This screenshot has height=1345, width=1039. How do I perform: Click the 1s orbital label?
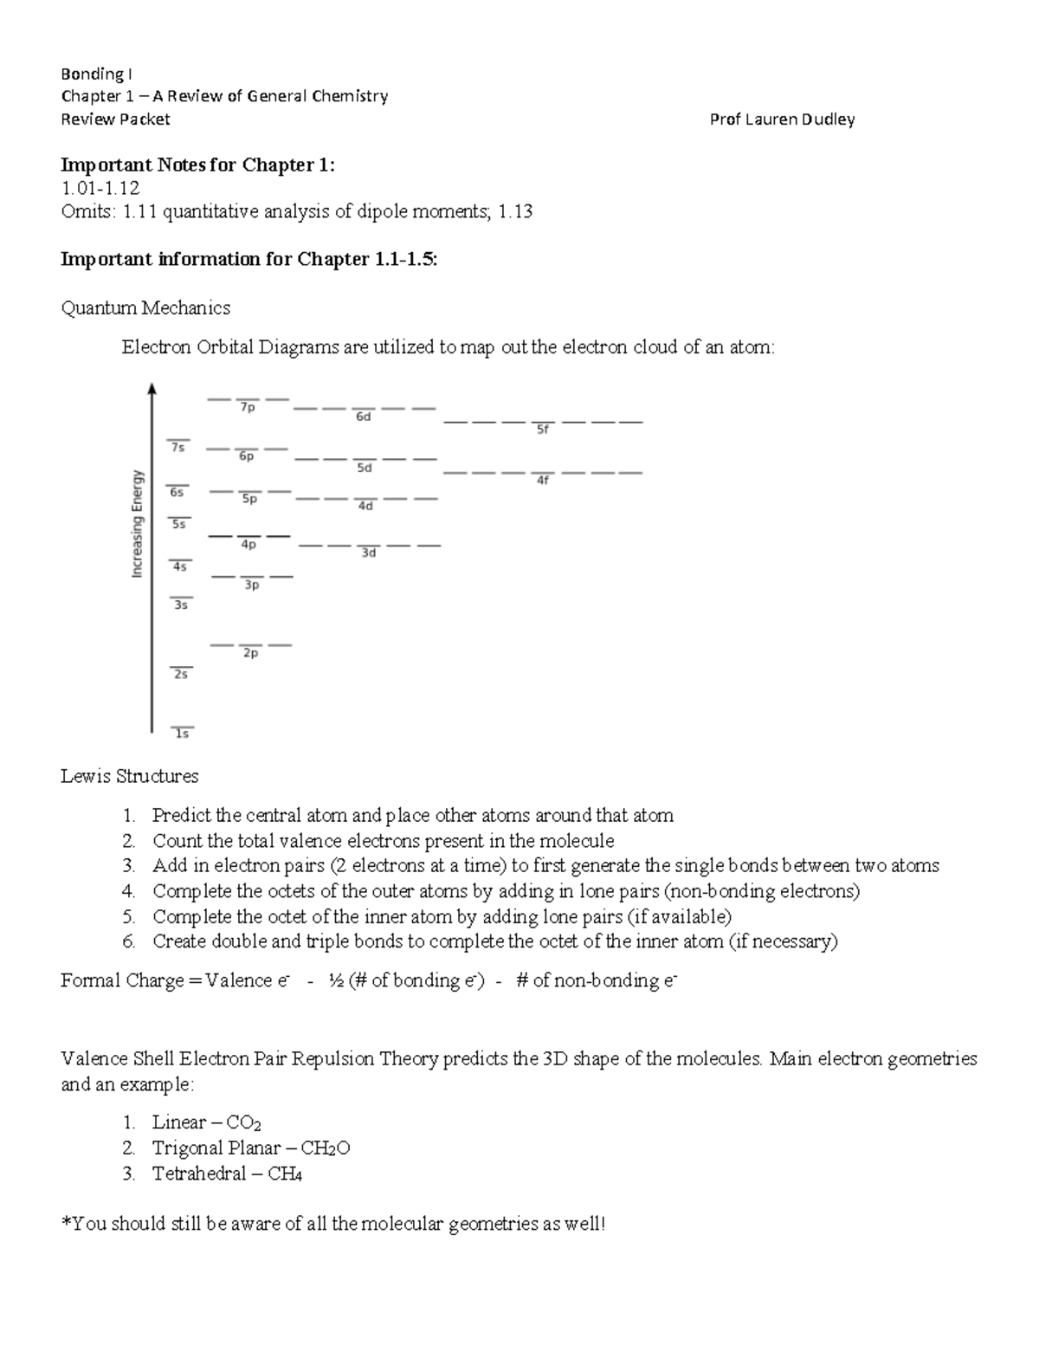[182, 734]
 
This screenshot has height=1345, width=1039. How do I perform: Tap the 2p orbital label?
[250, 654]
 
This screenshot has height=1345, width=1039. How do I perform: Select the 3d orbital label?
[369, 553]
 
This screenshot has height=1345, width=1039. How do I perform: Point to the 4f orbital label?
[543, 480]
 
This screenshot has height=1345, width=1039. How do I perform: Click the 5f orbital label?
[543, 429]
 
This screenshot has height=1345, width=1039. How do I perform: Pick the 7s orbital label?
[177, 448]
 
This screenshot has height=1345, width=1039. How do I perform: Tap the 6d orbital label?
[364, 417]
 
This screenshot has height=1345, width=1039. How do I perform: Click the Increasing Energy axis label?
[137, 524]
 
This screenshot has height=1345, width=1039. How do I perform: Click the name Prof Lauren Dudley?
[782, 120]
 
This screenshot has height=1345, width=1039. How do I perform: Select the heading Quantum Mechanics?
[145, 308]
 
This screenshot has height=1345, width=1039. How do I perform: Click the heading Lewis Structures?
[130, 776]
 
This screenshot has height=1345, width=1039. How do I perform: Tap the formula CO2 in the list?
[243, 1123]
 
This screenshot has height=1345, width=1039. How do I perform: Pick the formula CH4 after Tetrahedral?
[285, 1174]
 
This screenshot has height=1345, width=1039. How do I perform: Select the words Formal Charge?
[122, 980]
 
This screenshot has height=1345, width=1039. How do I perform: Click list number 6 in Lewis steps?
[128, 941]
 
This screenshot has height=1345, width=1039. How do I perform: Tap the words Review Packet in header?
[115, 120]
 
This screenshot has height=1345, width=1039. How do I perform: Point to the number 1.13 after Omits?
[515, 211]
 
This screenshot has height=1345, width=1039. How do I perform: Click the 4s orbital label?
[180, 566]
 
